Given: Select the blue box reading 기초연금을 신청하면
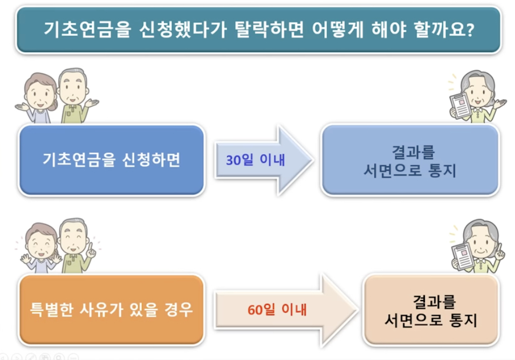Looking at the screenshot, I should (111, 160).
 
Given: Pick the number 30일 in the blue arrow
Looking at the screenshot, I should (239, 160).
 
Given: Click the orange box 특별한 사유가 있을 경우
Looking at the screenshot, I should (111, 310).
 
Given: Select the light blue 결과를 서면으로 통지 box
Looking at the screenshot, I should (410, 160).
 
